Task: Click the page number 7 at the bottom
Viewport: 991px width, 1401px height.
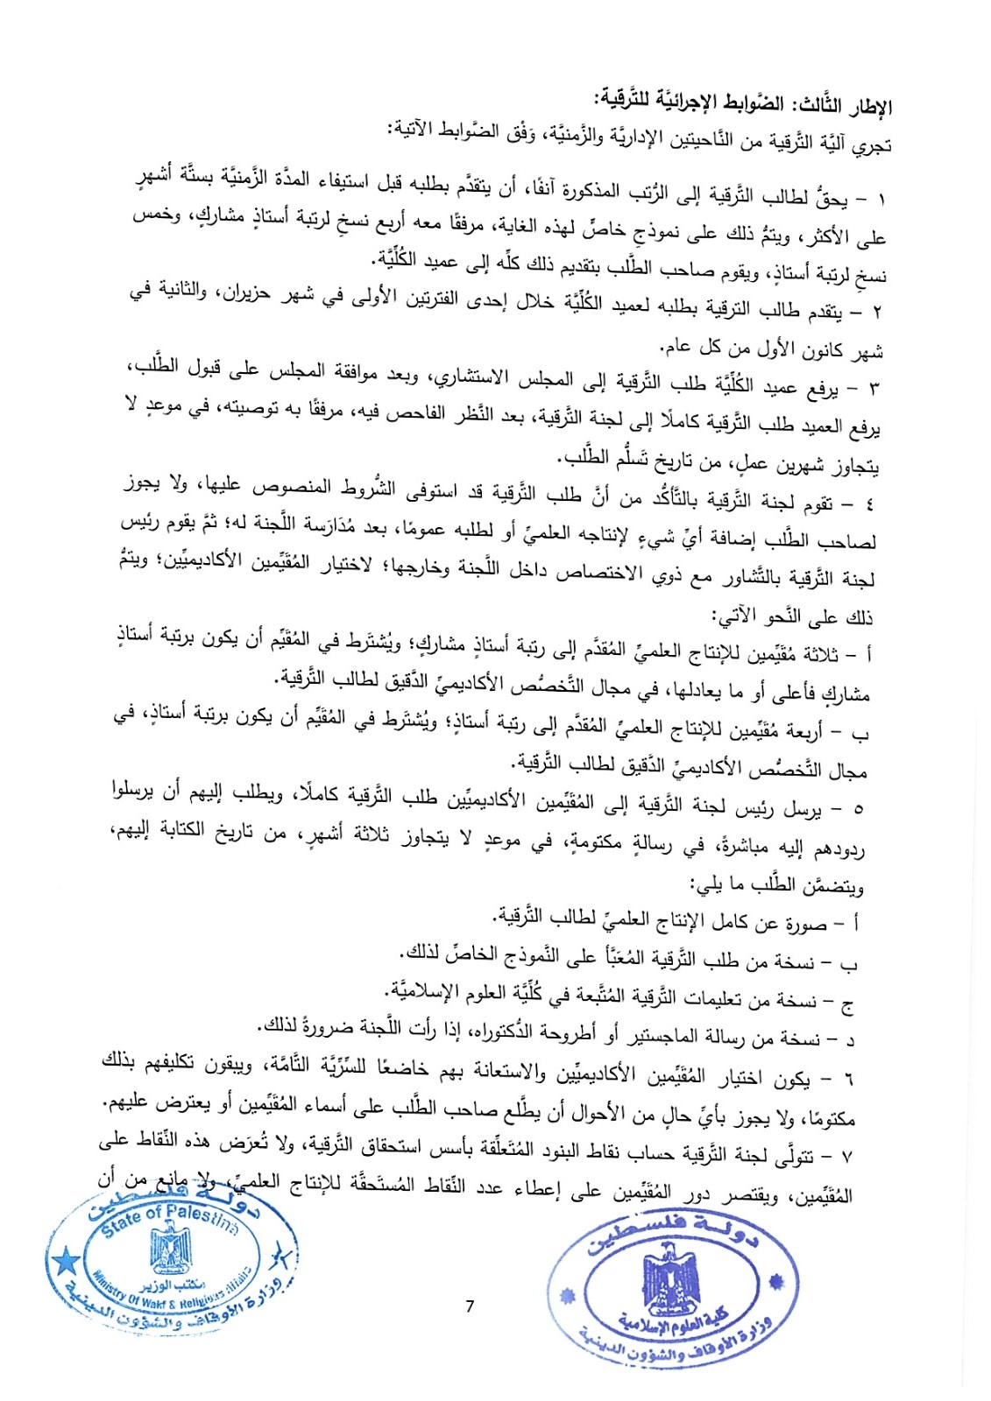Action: coord(471,1307)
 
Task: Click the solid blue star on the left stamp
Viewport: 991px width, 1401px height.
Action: coord(63,1264)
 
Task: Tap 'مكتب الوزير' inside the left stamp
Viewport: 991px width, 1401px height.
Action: coord(172,1285)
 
